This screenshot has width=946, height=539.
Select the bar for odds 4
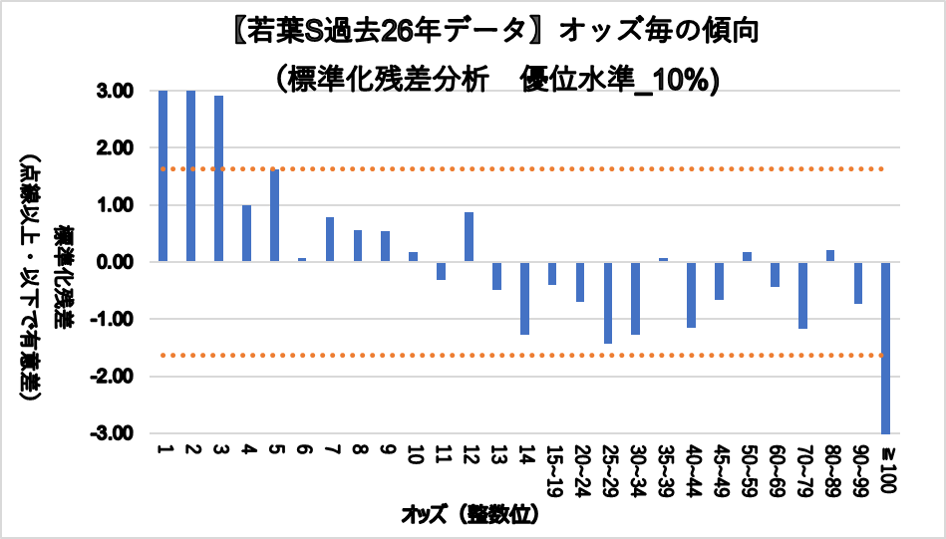246,233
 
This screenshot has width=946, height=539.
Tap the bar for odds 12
469,237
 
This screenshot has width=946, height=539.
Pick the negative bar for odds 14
524,298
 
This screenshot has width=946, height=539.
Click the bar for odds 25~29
607,303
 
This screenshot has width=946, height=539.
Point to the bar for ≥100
885,348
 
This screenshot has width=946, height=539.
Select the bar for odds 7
330,239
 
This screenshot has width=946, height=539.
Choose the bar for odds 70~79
802,295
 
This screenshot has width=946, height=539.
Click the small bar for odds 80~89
830,256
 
